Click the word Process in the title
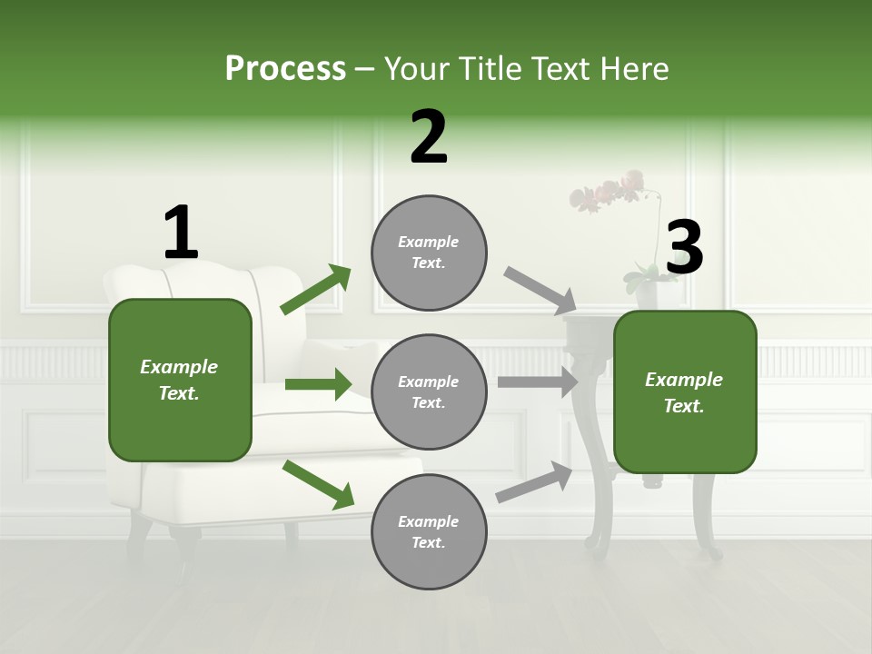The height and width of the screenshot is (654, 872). click(x=285, y=69)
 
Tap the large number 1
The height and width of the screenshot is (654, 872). click(x=181, y=233)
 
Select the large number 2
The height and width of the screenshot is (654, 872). click(x=429, y=137)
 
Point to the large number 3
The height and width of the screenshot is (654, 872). click(x=684, y=248)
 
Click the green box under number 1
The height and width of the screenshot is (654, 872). click(x=180, y=380)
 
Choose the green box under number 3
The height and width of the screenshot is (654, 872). click(x=685, y=392)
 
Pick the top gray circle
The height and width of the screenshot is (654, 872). click(x=429, y=253)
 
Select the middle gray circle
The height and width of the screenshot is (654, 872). click(x=429, y=392)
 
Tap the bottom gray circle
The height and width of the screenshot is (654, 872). click(x=429, y=532)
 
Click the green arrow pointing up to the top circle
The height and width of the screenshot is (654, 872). click(x=316, y=290)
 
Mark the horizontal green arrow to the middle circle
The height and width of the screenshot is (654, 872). click(x=318, y=384)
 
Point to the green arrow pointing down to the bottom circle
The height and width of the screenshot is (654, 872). click(x=318, y=483)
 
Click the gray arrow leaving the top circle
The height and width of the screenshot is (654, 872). click(x=540, y=290)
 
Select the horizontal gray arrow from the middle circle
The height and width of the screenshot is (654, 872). click(x=537, y=382)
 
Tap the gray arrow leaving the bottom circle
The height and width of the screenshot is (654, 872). click(x=534, y=481)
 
